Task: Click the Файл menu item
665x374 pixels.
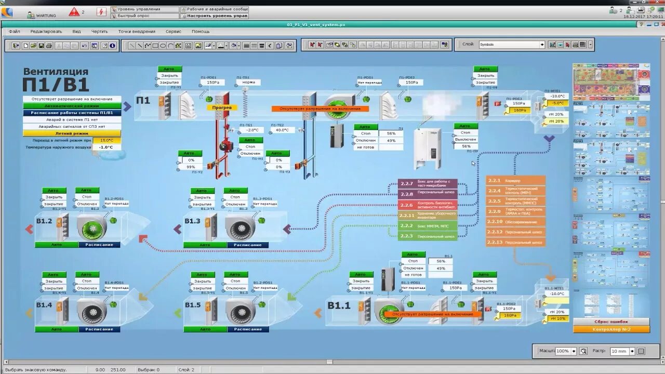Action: [14, 31]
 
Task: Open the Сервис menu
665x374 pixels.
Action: [174, 31]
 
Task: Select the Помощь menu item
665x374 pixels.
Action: [201, 31]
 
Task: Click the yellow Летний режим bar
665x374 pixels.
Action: [72, 133]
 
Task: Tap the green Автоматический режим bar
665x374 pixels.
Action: [72, 105]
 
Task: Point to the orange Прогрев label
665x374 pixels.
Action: [222, 108]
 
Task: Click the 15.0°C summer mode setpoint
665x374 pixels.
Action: [107, 140]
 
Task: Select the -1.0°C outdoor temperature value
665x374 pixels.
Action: [107, 147]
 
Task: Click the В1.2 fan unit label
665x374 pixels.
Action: [44, 221]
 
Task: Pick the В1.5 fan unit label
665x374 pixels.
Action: [192, 305]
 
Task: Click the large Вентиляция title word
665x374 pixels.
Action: [56, 72]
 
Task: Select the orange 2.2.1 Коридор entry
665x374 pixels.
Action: [515, 181]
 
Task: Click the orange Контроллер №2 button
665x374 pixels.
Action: [611, 329]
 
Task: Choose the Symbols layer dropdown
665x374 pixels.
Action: [511, 45]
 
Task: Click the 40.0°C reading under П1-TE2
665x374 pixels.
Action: [282, 130]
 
